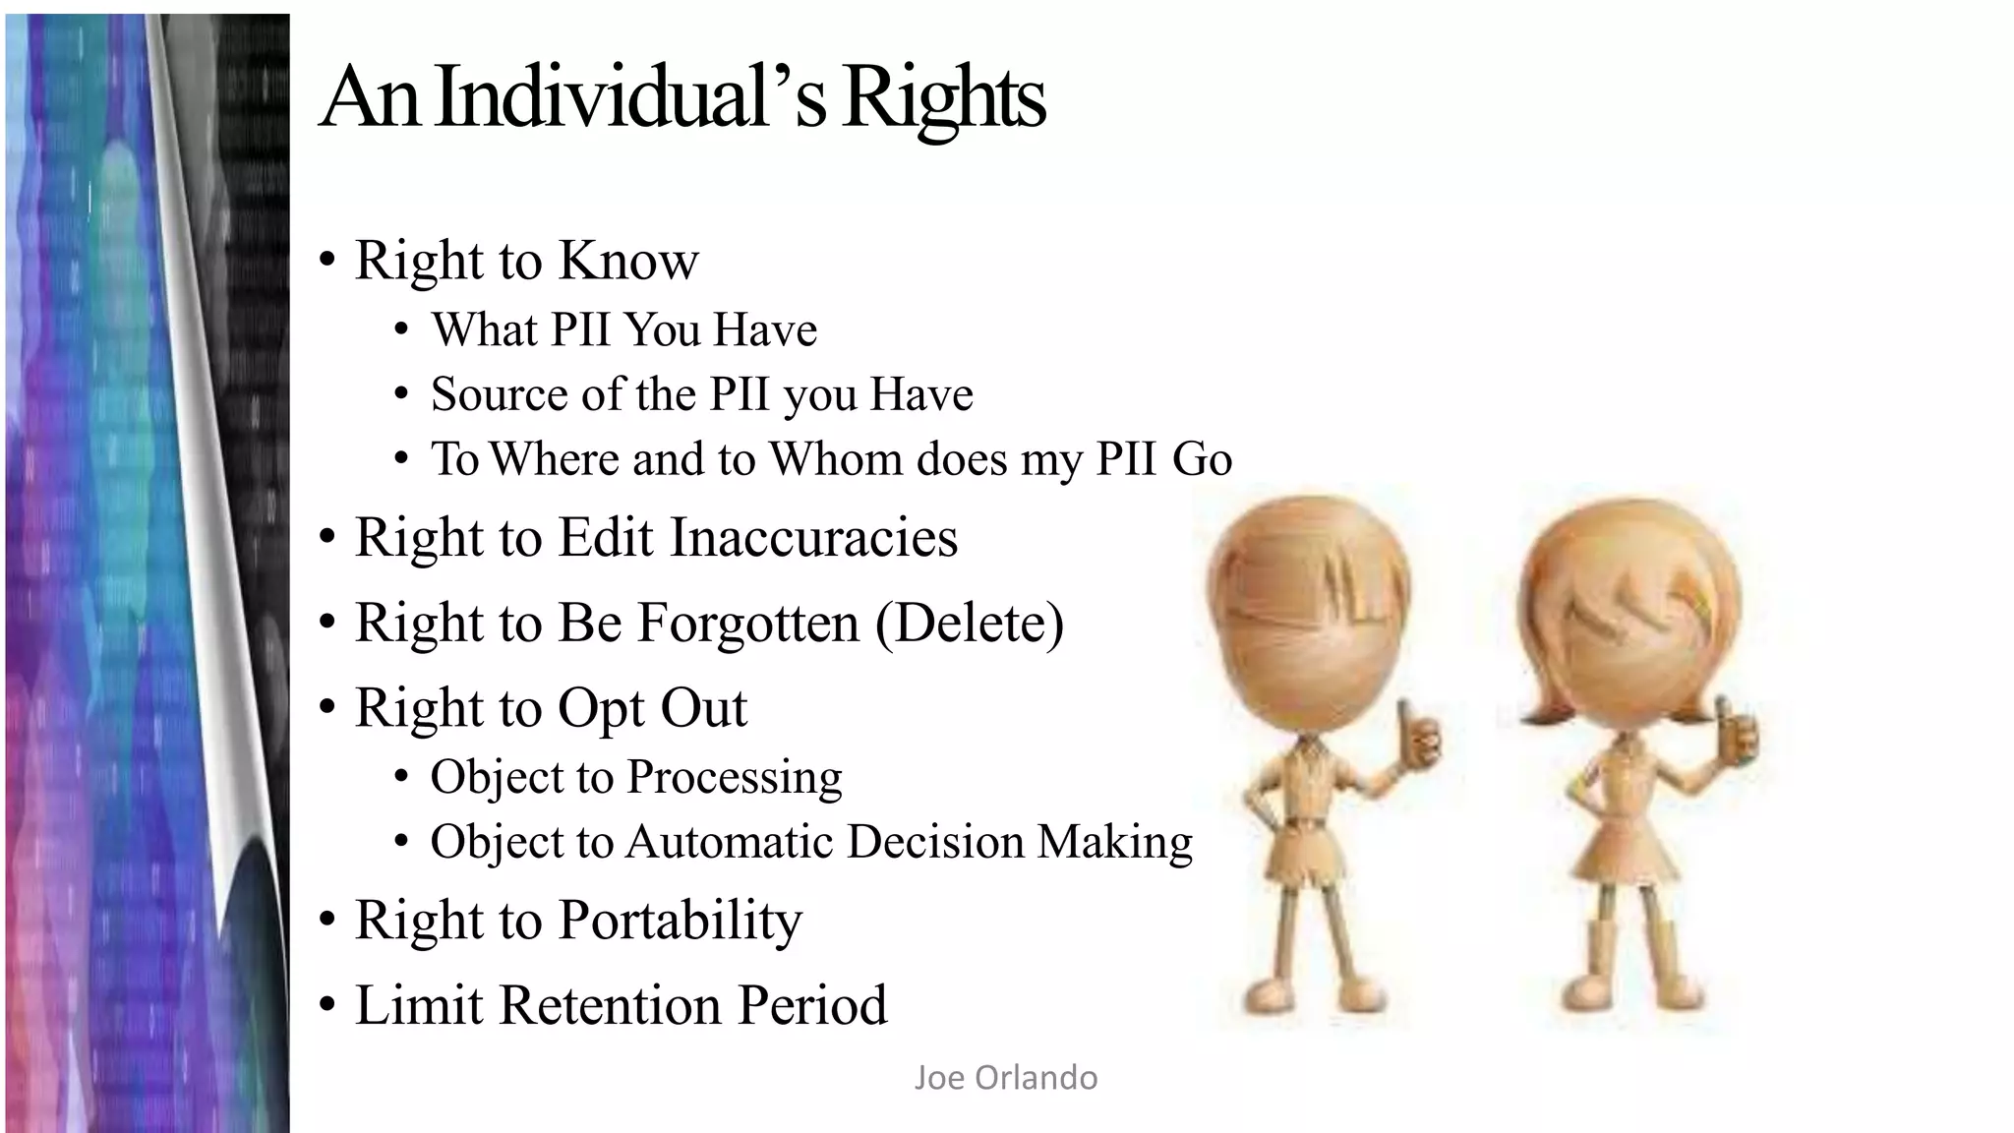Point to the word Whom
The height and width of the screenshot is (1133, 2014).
coord(835,459)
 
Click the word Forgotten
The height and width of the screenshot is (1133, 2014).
coord(708,624)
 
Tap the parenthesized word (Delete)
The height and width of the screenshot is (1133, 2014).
coord(969,624)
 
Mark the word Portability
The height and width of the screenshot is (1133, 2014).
coord(680,922)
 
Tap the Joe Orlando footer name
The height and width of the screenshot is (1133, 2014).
coord(1005,1078)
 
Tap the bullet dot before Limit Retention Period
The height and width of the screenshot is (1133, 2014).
coord(327,1007)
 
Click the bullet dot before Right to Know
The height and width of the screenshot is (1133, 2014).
coord(327,262)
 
